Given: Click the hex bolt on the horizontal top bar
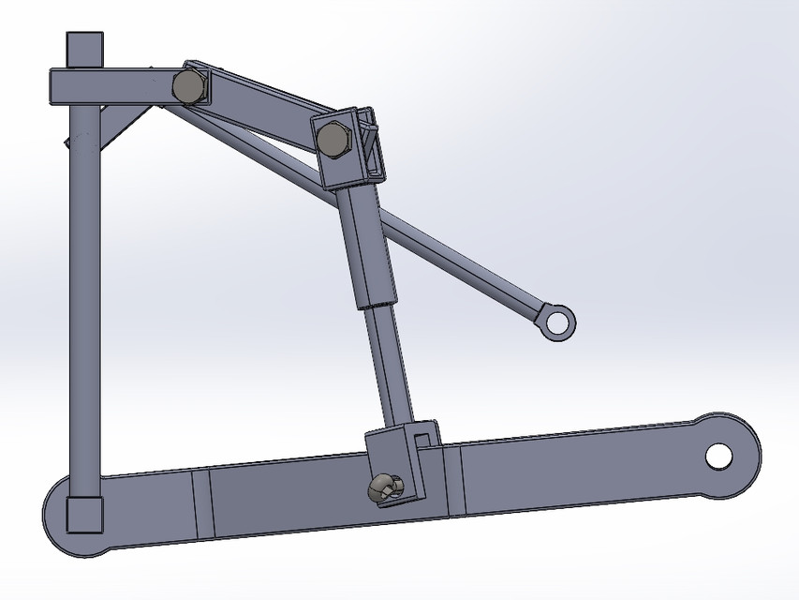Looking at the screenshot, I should (189, 86).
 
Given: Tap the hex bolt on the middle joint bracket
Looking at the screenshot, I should (333, 140).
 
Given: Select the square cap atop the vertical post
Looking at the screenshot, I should (83, 48).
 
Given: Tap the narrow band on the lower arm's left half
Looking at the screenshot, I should (200, 506).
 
